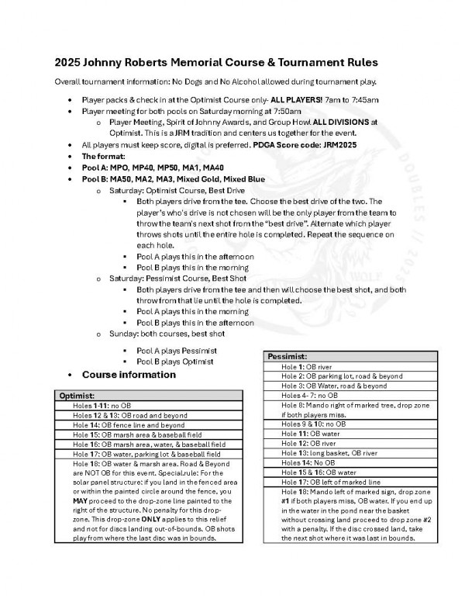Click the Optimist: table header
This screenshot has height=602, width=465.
[x=78, y=396]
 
